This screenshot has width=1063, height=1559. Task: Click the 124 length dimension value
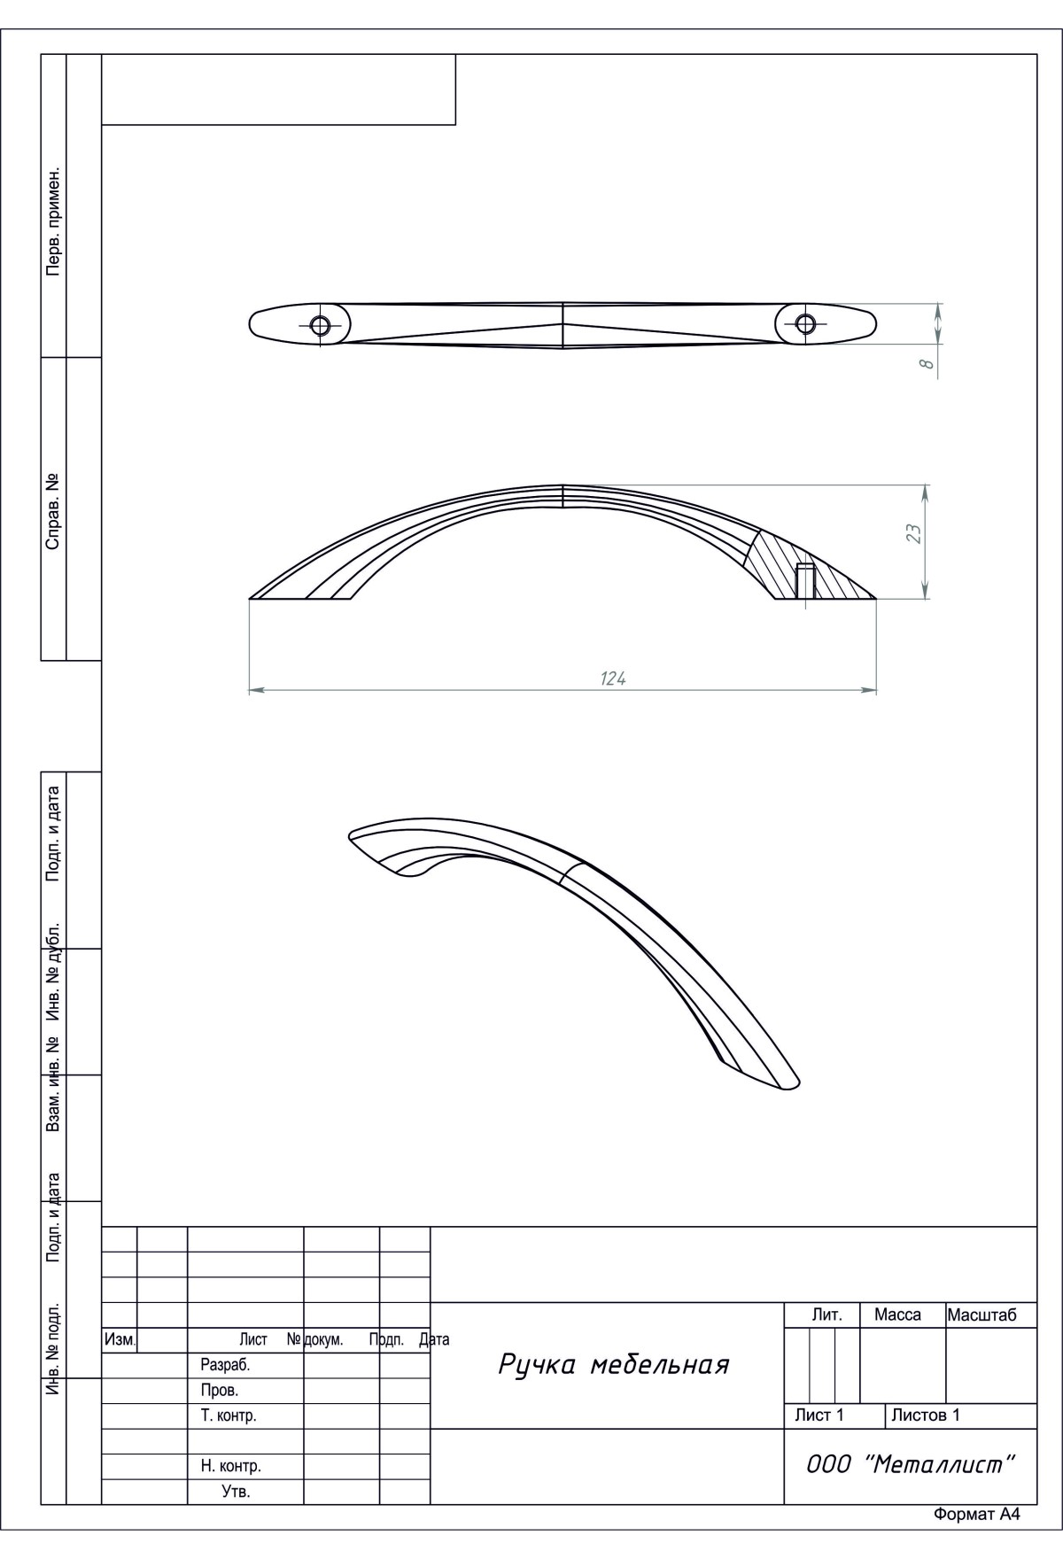click(x=613, y=679)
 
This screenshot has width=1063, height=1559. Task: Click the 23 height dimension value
click(x=914, y=533)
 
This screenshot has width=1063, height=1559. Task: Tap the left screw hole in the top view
click(x=321, y=326)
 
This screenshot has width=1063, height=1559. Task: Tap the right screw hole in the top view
click(x=805, y=322)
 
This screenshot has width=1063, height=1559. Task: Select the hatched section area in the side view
click(x=806, y=567)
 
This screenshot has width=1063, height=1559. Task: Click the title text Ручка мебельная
click(x=614, y=1364)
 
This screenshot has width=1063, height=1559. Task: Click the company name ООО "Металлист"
click(x=910, y=1464)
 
